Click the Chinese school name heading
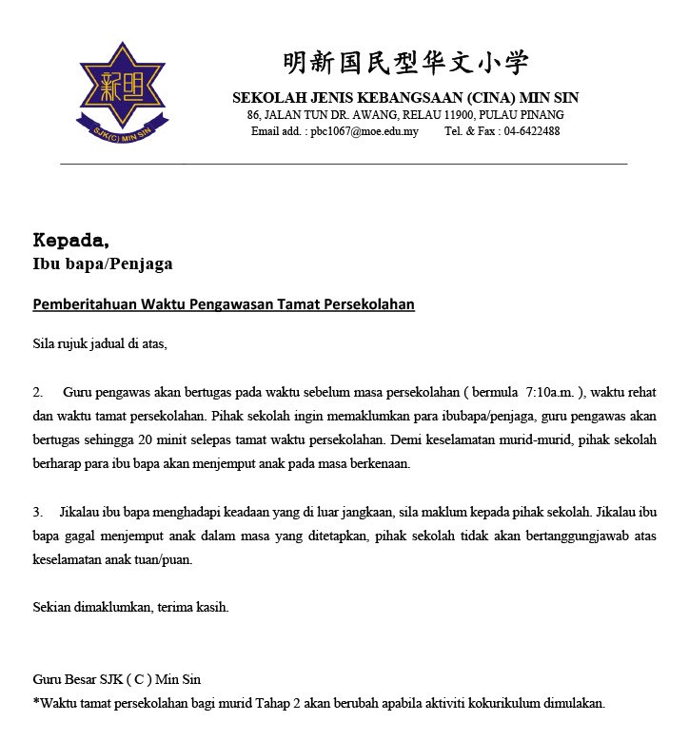coord(405,64)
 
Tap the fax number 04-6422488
coord(532,131)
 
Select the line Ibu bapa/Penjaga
coord(103,263)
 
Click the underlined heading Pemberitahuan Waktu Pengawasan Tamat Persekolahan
coord(224,304)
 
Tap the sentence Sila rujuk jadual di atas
coord(100,343)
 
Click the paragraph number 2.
coord(37,392)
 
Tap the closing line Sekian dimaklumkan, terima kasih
coord(130,607)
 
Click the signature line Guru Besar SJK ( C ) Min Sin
coord(116,680)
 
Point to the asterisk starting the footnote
coord(35,703)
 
